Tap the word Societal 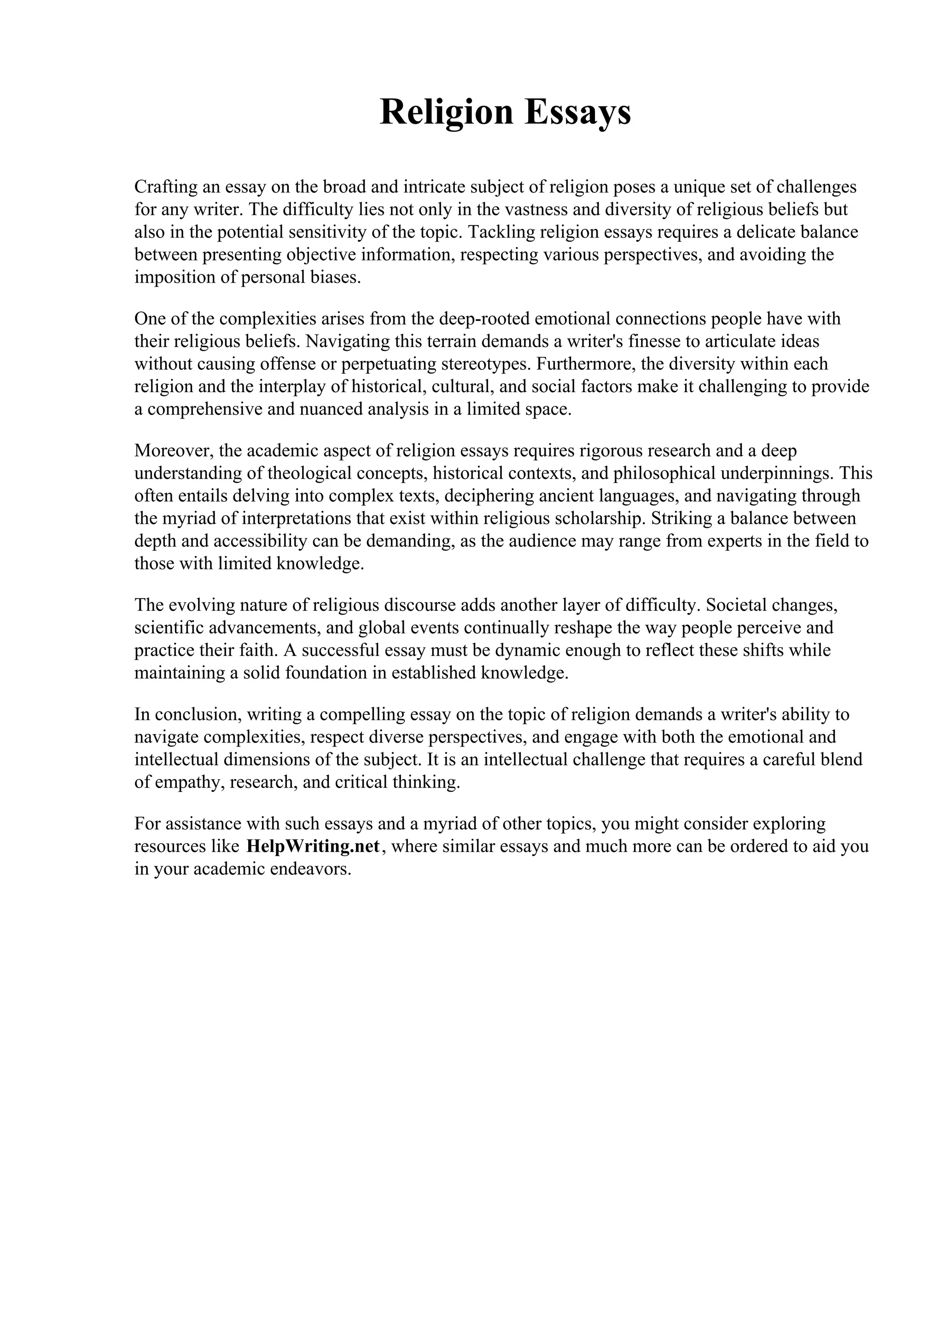point(734,605)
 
